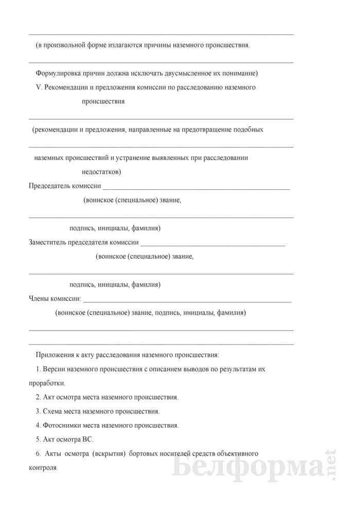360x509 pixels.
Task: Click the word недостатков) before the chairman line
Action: click(101, 172)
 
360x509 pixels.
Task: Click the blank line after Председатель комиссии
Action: click(197, 186)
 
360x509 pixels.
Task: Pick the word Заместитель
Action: click(47, 242)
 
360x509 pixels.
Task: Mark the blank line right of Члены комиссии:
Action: click(187, 299)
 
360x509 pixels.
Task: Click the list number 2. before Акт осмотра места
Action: click(39, 397)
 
